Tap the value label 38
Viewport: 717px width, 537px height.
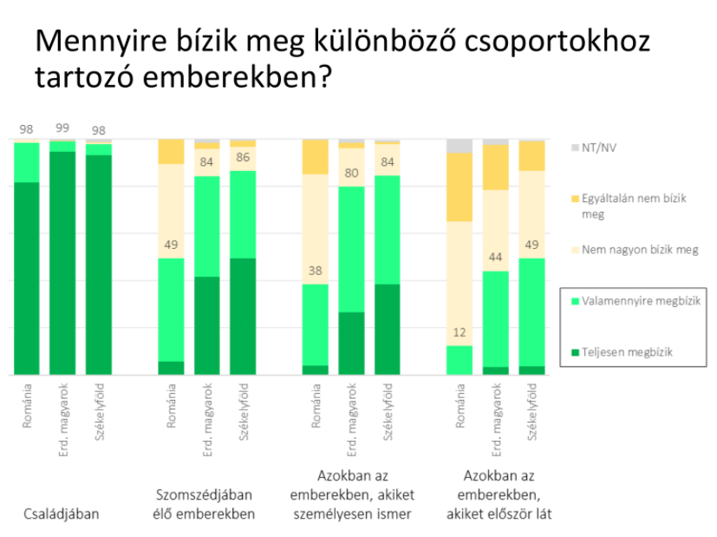(x=315, y=269)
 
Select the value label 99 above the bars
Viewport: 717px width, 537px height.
(x=62, y=128)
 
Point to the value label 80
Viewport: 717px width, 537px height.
(x=351, y=172)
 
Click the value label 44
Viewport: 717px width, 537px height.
(x=496, y=257)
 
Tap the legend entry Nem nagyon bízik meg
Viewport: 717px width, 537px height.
(x=641, y=250)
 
